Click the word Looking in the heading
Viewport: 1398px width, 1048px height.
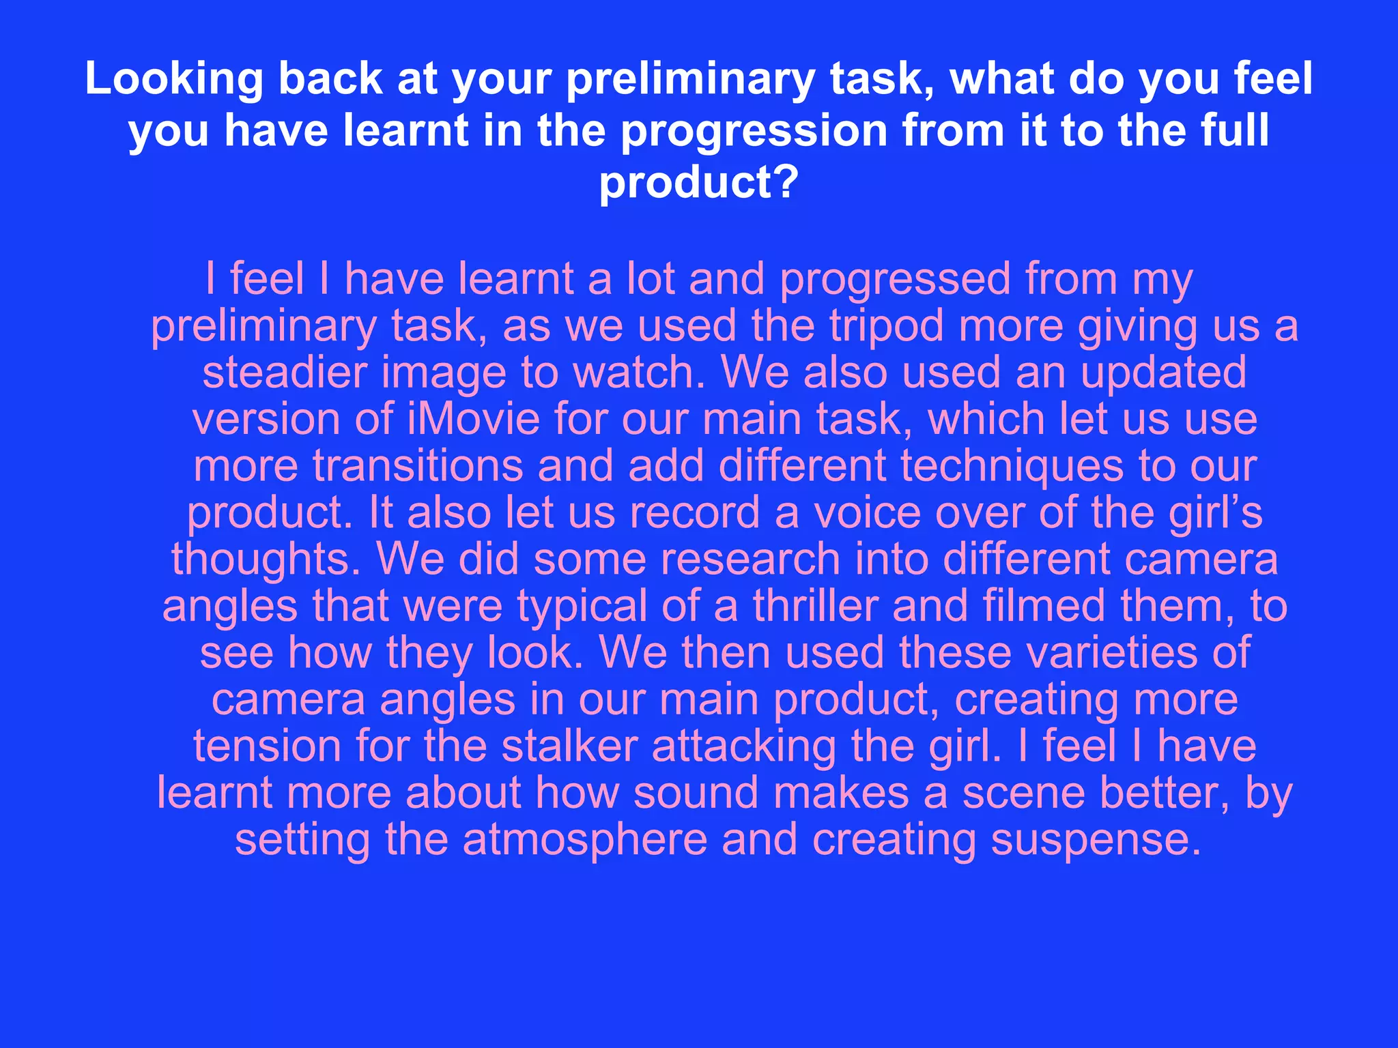pyautogui.click(x=174, y=80)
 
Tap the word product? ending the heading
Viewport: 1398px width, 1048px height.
pyautogui.click(x=698, y=182)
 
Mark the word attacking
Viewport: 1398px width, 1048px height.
pyautogui.click(x=743, y=746)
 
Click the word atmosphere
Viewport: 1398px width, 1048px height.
pyautogui.click(x=585, y=839)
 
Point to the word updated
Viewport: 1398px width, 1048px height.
pyautogui.click(x=1164, y=373)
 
